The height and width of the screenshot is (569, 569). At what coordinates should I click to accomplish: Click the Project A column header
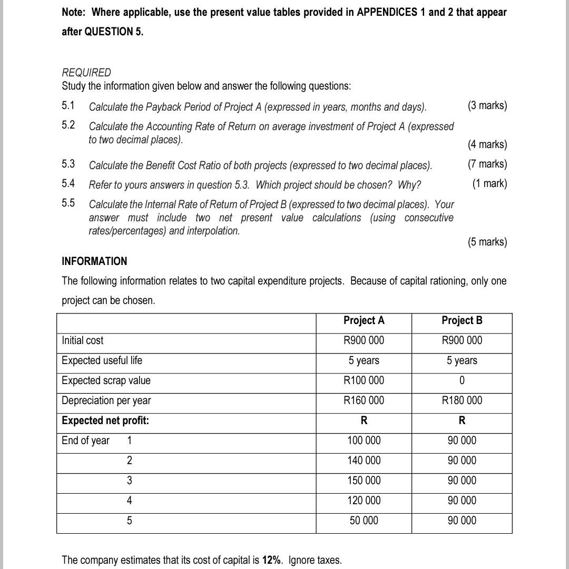point(364,320)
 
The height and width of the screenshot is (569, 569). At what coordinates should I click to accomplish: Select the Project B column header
point(462,320)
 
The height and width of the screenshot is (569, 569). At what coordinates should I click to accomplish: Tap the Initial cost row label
point(83,340)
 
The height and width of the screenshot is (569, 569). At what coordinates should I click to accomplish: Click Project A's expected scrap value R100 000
point(364,380)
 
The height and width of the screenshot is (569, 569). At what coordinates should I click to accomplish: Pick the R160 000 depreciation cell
point(364,400)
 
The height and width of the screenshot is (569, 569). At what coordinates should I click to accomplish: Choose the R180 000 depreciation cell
point(462,400)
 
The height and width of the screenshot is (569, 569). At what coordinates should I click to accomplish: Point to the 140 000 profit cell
point(364,460)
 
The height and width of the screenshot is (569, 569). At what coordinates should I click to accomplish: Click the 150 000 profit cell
point(364,480)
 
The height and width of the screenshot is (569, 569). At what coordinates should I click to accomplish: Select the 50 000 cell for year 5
point(364,521)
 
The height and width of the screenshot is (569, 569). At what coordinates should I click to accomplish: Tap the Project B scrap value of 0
point(462,380)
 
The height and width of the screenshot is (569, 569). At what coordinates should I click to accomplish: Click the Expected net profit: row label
point(105,420)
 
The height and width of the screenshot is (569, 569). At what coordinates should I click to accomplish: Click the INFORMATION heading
point(94,261)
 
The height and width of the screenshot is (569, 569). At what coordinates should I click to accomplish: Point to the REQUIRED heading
point(86,72)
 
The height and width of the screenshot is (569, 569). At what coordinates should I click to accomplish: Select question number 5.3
point(68,164)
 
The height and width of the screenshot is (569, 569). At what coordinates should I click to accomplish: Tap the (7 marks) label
point(487,164)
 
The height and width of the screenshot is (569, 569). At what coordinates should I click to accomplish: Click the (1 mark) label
point(489,183)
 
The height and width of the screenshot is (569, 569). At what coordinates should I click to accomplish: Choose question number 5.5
point(68,203)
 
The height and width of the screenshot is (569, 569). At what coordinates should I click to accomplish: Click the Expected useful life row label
point(102,360)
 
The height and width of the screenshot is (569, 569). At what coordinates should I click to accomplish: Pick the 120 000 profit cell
point(364,501)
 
